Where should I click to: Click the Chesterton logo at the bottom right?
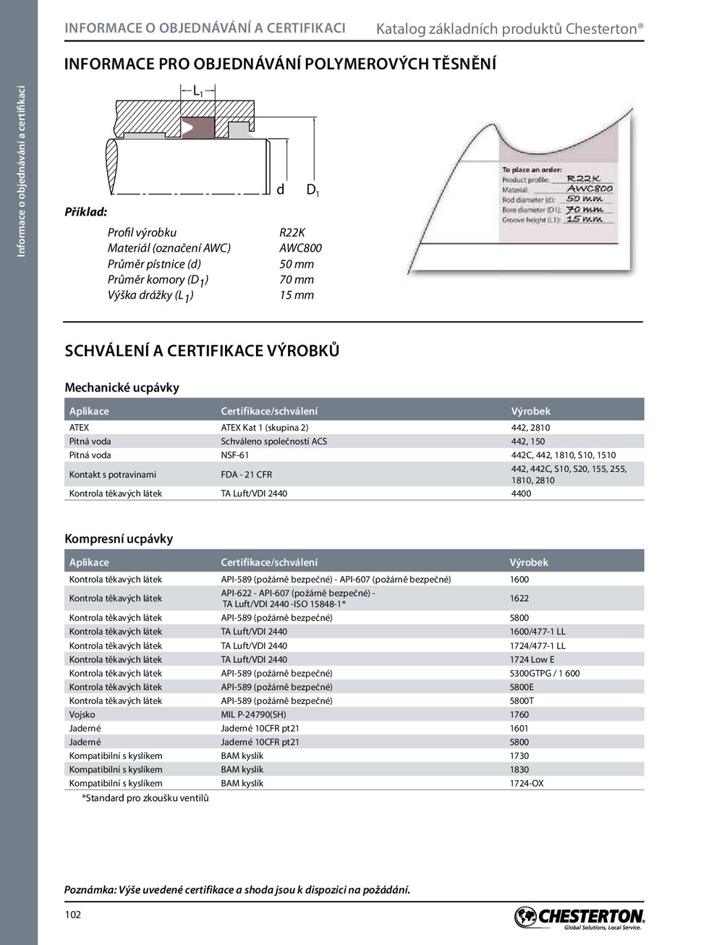pyautogui.click(x=579, y=917)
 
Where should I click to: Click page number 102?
pyautogui.click(x=73, y=915)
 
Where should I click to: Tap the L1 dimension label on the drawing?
pyautogui.click(x=198, y=91)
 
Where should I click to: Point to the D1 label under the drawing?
pyautogui.click(x=313, y=190)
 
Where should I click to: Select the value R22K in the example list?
pyautogui.click(x=292, y=232)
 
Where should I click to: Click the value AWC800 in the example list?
pyautogui.click(x=300, y=248)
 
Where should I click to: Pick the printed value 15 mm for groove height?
pyautogui.click(x=297, y=295)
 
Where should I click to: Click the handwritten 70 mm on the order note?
pyautogui.click(x=584, y=209)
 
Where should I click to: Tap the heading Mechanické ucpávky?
pyautogui.click(x=122, y=388)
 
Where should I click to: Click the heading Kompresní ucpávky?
pyautogui.click(x=119, y=539)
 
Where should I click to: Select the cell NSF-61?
pyautogui.click(x=234, y=455)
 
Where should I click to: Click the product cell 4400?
pyautogui.click(x=521, y=493)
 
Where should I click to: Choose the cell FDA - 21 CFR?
pyautogui.click(x=246, y=475)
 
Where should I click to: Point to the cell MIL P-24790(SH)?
pyautogui.click(x=253, y=715)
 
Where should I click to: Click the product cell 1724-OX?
pyautogui.click(x=527, y=784)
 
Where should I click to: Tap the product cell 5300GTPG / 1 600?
pyautogui.click(x=545, y=674)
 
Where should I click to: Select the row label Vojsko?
pyautogui.click(x=82, y=715)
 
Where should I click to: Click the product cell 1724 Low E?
pyautogui.click(x=532, y=660)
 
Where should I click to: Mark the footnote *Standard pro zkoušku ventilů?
pyautogui.click(x=145, y=798)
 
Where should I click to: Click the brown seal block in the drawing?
pyautogui.click(x=198, y=128)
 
